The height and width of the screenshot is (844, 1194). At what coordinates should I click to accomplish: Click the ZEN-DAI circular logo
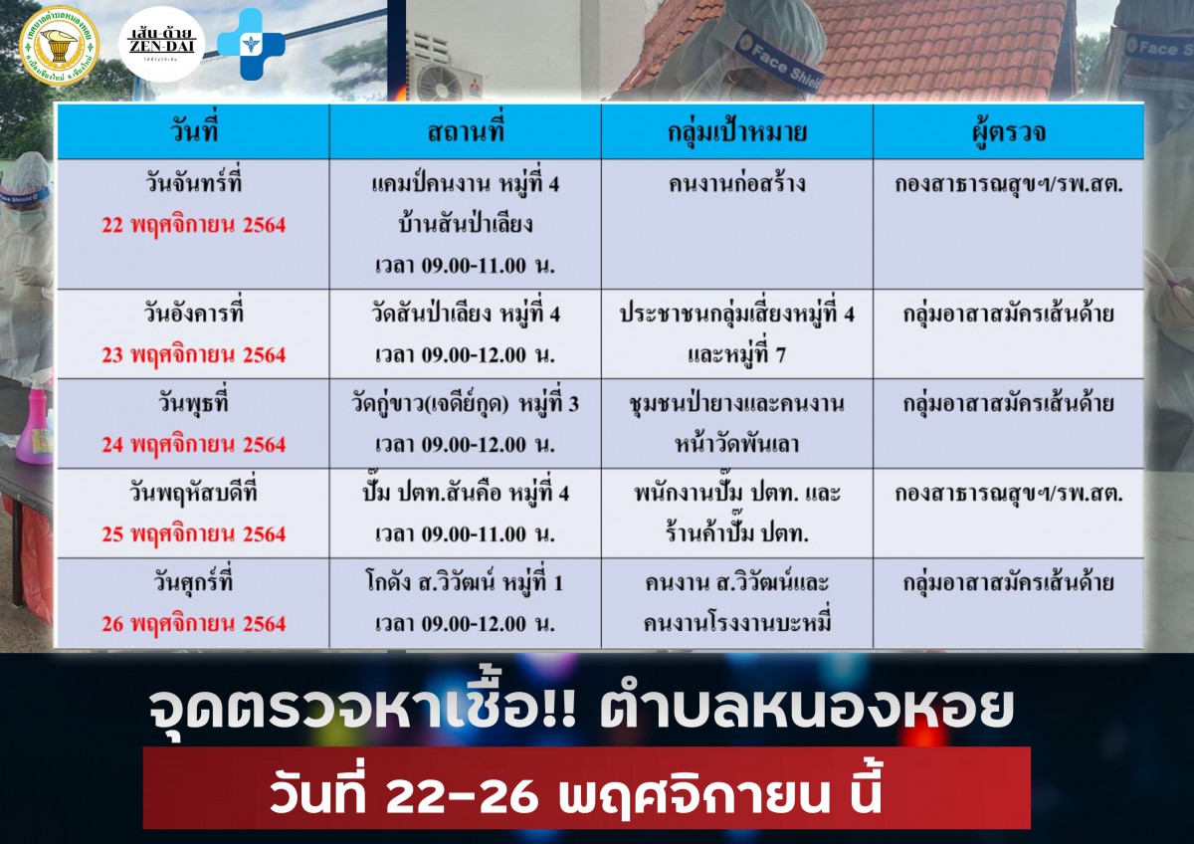point(161,44)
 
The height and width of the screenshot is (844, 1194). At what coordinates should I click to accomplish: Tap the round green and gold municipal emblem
point(59,46)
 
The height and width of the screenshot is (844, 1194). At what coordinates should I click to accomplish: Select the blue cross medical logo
point(251,44)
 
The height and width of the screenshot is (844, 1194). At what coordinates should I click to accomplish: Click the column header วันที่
point(194,130)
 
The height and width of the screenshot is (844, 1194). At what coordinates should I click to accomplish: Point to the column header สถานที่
point(466,130)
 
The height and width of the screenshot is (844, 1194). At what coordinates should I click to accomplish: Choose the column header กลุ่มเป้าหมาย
point(737,131)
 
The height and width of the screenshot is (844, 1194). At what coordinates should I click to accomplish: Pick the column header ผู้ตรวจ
point(1009,131)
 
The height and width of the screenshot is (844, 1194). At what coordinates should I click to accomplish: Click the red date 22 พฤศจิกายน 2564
point(194,225)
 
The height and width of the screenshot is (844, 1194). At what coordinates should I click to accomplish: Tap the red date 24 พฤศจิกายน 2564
point(194,445)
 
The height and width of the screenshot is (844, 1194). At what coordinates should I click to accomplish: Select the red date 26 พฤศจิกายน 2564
point(194,624)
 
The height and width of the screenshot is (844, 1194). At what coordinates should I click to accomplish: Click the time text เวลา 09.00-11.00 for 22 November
point(466,265)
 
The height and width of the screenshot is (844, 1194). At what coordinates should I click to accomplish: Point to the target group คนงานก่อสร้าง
point(737,184)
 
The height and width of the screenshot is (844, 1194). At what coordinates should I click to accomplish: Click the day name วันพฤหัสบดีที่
point(194,492)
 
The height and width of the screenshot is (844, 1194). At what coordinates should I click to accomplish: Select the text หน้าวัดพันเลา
point(737,444)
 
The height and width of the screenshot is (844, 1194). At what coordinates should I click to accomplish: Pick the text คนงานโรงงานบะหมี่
point(737,623)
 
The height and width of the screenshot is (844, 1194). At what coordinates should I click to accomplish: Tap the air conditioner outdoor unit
point(444,67)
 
